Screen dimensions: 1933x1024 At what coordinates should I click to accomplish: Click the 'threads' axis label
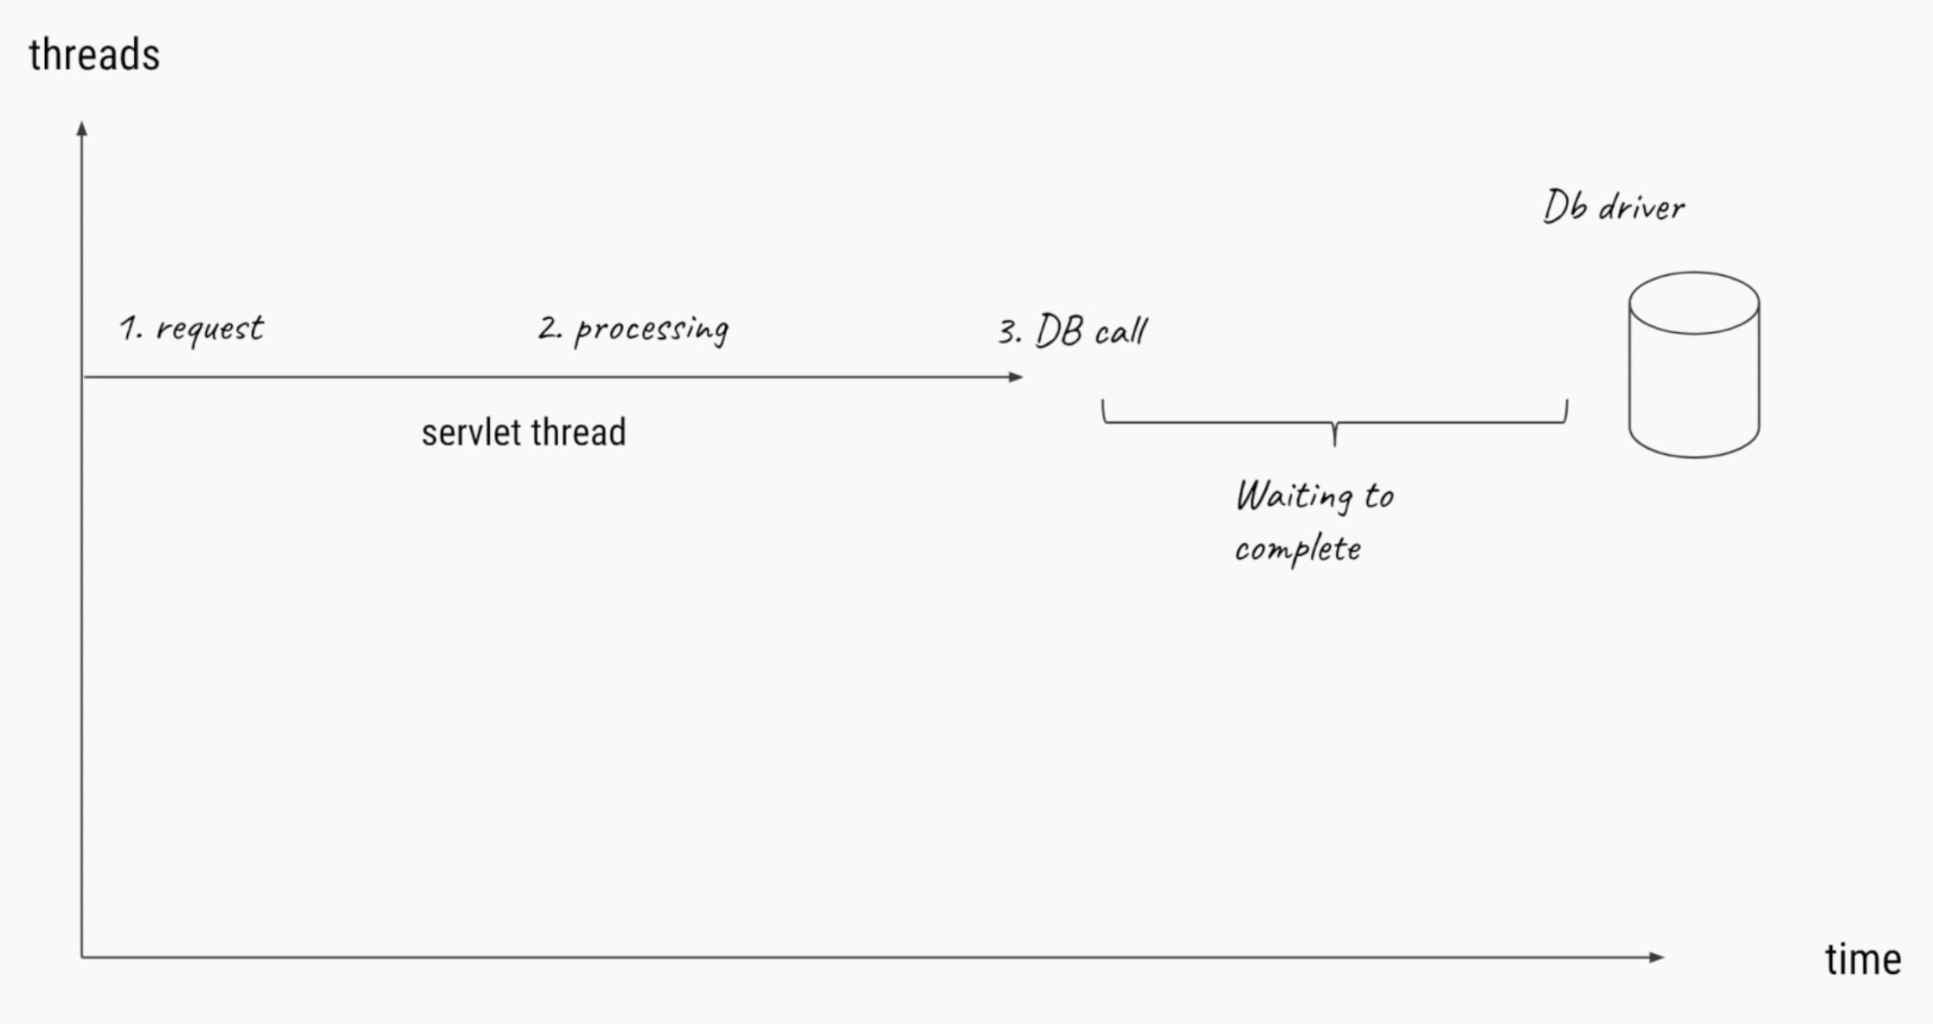point(94,55)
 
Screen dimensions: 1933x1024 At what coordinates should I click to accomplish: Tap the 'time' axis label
point(1863,959)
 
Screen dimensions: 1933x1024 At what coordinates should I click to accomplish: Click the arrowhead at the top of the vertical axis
point(82,129)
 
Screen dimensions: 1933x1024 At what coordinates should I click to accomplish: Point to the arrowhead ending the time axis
point(1656,957)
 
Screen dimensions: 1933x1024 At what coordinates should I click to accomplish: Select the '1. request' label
point(191,329)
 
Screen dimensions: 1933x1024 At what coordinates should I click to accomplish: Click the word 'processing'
point(652,330)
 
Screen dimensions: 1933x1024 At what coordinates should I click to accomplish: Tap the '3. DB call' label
point(1073,331)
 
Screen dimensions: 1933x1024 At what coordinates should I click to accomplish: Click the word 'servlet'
point(472,432)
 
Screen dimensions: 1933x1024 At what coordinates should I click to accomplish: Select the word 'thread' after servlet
point(578,432)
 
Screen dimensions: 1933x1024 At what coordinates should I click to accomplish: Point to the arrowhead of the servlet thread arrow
point(1016,377)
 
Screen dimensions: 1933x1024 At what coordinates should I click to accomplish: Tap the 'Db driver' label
point(1614,208)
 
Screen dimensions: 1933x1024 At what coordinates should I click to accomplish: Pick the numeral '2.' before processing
point(549,328)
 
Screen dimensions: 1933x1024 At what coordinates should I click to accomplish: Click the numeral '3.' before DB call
point(1010,332)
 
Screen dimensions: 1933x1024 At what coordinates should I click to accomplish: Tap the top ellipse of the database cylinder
point(1693,303)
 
